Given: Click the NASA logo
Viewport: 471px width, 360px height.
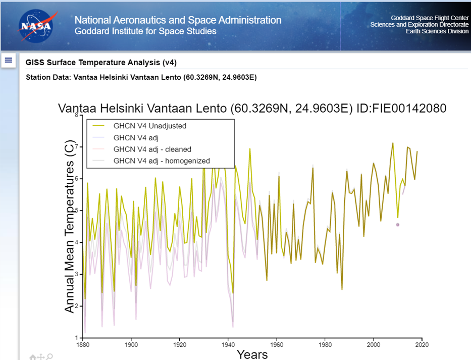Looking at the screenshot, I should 35,26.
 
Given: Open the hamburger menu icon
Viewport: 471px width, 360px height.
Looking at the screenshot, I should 8,61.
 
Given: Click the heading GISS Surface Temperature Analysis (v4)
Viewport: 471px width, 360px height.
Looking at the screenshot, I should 101,63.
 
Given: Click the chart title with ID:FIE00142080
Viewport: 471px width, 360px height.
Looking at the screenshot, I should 252,109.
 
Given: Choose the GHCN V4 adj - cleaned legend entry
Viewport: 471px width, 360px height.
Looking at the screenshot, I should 152,149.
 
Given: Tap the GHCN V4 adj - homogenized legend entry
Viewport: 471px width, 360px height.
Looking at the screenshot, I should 161,161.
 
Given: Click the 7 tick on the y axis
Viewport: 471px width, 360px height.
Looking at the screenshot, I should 77,147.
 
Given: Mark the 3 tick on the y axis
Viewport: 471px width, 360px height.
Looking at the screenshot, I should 77,274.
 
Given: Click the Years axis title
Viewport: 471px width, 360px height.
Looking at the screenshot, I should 252,354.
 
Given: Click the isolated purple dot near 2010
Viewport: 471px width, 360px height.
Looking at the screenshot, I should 398,225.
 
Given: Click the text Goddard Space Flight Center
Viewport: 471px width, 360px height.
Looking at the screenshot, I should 430,18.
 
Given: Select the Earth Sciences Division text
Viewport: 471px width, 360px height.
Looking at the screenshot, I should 437,31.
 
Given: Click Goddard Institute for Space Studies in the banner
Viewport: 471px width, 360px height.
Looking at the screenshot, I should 145,31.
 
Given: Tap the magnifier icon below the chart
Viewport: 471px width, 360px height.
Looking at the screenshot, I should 49,357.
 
